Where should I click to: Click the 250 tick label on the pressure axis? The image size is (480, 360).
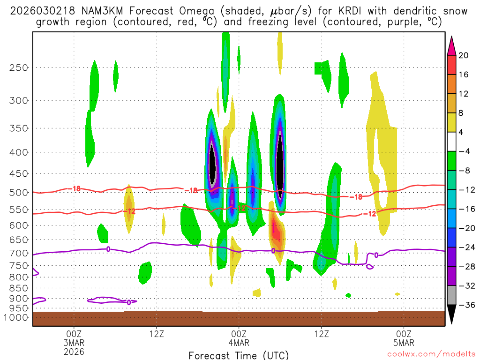19,67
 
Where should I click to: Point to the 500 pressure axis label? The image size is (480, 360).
19,192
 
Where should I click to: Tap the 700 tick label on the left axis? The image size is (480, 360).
19,253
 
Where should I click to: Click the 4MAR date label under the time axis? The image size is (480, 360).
239,343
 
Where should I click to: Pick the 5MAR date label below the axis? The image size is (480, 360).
404,343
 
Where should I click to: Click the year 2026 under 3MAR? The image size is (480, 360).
74,351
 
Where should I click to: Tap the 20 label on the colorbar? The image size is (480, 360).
464,55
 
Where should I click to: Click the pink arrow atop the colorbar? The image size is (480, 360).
451,45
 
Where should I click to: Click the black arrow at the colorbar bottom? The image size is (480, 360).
451,315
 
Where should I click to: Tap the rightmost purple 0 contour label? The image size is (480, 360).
376,255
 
